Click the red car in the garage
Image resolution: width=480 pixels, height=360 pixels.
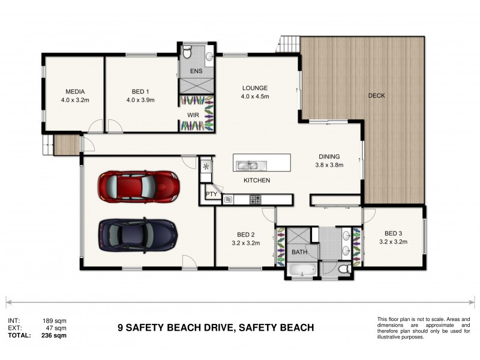pos(139,187)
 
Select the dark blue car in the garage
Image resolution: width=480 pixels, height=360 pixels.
pos(138,233)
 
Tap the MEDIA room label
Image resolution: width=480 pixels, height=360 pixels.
pos(75,92)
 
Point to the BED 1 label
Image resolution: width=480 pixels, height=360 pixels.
pos(140,92)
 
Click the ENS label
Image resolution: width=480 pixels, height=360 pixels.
pos(196,71)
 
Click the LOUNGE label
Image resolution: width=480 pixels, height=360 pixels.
pos(254,88)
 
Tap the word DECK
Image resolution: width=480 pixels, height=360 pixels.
pos(376,95)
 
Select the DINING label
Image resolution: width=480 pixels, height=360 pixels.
pos(329,157)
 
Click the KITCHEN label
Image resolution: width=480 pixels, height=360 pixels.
pos(256,180)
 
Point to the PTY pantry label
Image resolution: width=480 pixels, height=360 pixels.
pos(211,194)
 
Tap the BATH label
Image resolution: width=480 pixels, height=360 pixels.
pos(299,252)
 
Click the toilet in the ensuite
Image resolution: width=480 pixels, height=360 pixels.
pos(188,54)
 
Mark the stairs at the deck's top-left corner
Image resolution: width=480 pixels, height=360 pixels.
pos(289,44)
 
